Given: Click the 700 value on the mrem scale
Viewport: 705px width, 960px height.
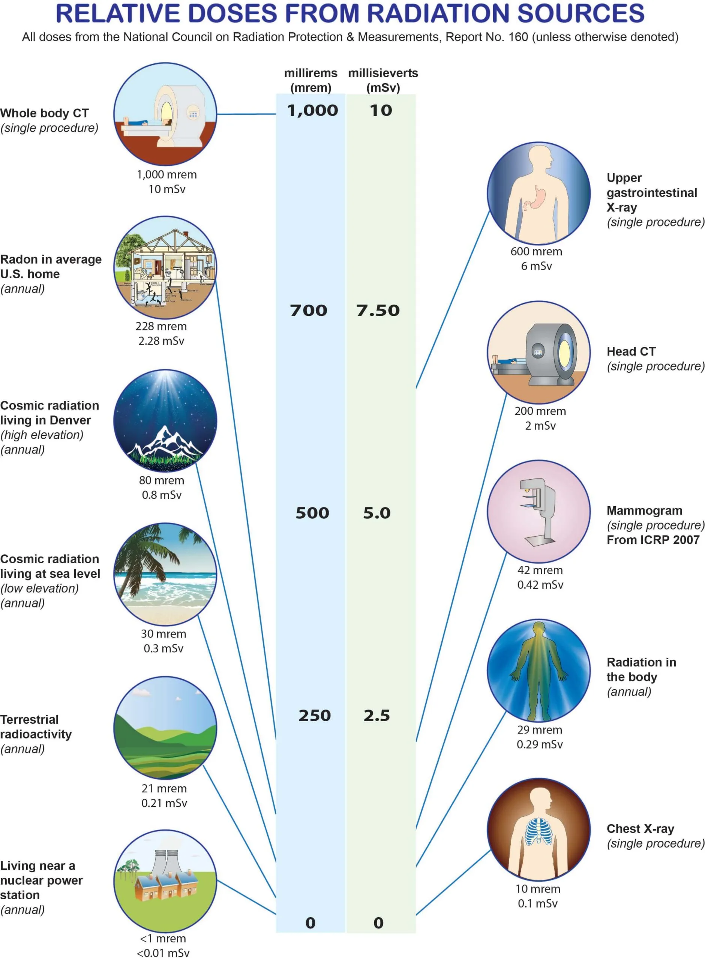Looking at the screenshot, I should pos(309,310).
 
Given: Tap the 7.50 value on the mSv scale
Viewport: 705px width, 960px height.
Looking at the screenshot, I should pos(378,310).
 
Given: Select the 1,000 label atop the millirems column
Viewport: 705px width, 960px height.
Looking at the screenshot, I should pos(312,111).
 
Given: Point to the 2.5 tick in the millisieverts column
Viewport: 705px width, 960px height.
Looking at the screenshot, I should pos(377,715).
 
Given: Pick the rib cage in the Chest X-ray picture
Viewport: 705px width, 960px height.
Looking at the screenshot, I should pos(538,832).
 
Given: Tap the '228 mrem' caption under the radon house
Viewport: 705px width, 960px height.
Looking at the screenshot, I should pos(161,326).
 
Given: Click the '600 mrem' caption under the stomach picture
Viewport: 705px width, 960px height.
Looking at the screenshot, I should pos(536,251).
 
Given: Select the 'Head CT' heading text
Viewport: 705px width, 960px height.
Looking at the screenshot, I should pos(631,352).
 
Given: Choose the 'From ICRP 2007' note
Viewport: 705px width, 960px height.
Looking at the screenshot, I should pos(653,540).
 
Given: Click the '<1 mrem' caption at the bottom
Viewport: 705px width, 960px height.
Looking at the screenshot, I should pos(163,938).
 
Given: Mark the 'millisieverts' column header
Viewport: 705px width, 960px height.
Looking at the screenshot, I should pos(383,73).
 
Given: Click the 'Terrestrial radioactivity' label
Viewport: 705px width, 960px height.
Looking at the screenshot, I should pos(36,727).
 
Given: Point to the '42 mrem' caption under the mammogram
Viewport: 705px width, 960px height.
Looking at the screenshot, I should pos(540,570).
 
